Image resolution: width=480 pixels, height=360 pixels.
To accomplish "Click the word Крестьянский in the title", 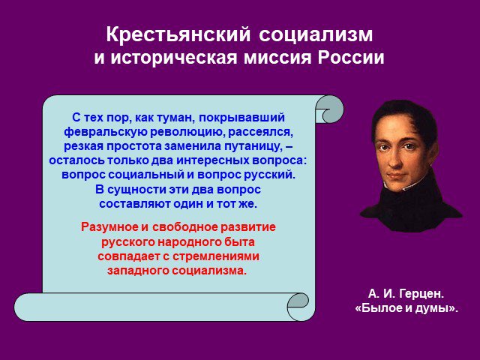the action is point(178,35).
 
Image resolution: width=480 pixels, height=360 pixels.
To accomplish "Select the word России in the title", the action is point(351,57).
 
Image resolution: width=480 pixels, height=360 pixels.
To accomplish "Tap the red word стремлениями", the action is point(216,256).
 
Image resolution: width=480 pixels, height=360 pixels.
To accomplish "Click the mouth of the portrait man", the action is point(396,177).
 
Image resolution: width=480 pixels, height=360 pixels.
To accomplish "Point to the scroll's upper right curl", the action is point(329,109).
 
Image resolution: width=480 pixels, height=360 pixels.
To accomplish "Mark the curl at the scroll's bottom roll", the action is point(298,307).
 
